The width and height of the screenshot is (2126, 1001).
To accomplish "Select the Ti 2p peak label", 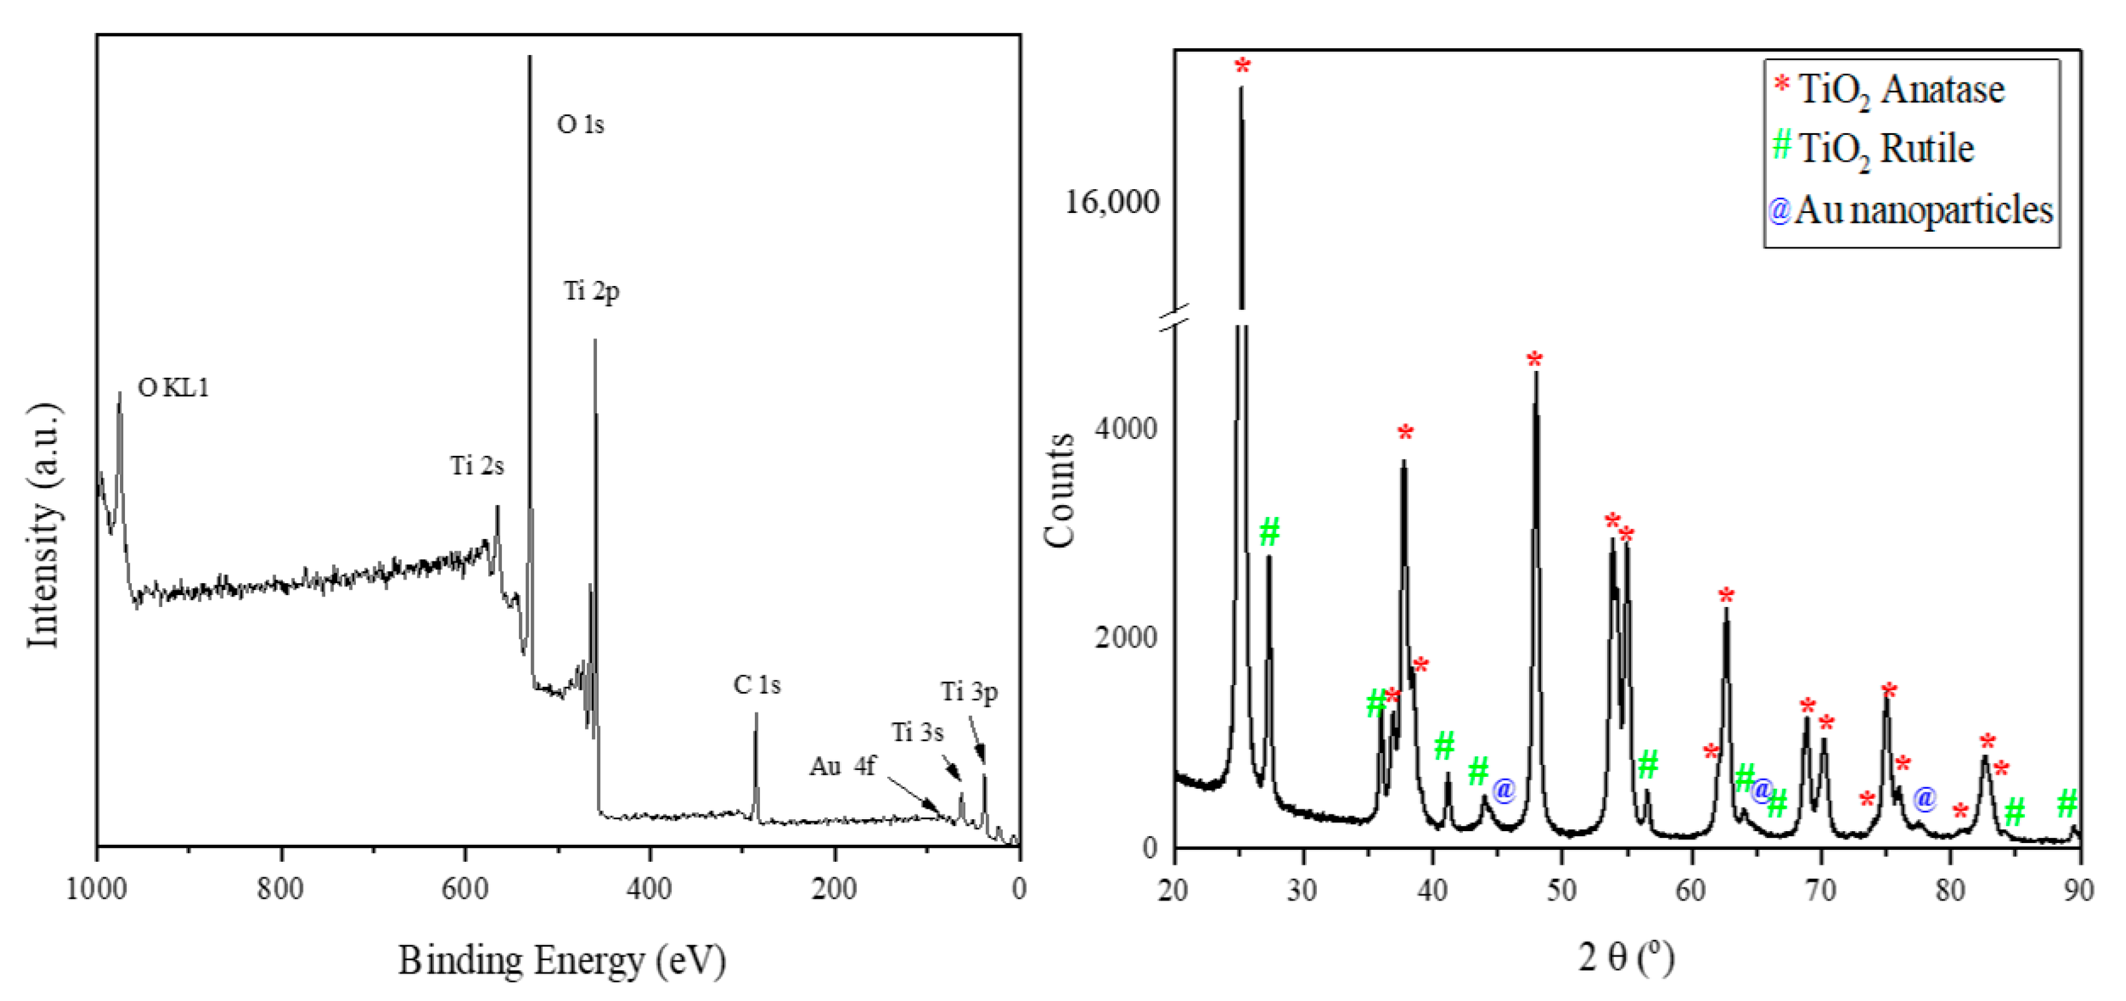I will click(591, 291).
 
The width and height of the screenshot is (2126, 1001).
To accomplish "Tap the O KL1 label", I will click(174, 387).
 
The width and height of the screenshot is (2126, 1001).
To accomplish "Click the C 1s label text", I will click(756, 684).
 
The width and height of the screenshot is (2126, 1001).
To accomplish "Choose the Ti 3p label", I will click(969, 691).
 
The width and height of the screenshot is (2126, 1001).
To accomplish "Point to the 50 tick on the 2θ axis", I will click(1561, 890).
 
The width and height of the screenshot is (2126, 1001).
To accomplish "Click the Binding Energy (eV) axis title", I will click(562, 960).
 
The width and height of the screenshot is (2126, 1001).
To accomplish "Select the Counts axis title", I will click(1059, 490).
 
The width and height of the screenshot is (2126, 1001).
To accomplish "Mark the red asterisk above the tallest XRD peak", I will click(1242, 67).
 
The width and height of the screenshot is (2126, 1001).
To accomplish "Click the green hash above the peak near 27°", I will click(1269, 531).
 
